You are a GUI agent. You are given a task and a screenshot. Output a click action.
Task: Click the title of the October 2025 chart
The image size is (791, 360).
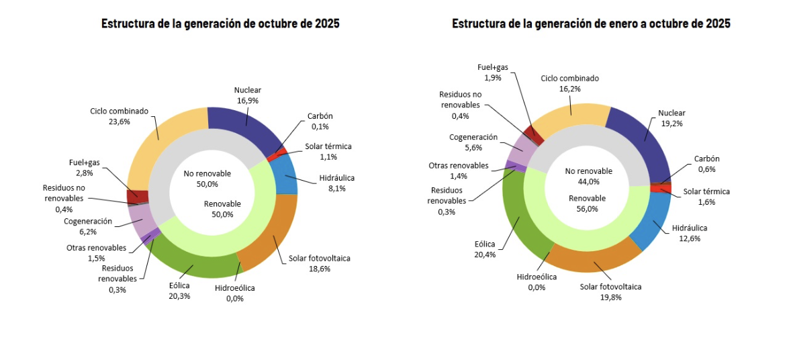[x=220, y=24]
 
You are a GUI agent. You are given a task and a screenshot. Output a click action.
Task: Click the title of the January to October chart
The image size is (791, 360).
[x=591, y=24]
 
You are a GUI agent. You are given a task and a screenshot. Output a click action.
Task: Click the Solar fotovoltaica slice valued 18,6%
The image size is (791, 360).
[x=269, y=235]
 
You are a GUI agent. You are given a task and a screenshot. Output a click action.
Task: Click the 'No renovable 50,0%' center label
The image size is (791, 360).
[x=207, y=179]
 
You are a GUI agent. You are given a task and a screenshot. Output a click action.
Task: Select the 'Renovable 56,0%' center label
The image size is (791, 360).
[x=587, y=204]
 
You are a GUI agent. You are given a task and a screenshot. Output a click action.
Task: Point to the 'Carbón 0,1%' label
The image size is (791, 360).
[x=320, y=121]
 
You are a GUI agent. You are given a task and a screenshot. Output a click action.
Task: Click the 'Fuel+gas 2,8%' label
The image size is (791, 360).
[x=84, y=167]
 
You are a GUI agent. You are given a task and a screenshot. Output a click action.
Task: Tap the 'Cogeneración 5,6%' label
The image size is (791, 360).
[x=473, y=142]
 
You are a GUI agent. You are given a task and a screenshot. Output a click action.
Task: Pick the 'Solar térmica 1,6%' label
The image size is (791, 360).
[x=706, y=196]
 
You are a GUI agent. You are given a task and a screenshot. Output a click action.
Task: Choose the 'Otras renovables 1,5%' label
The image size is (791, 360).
[x=97, y=253]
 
